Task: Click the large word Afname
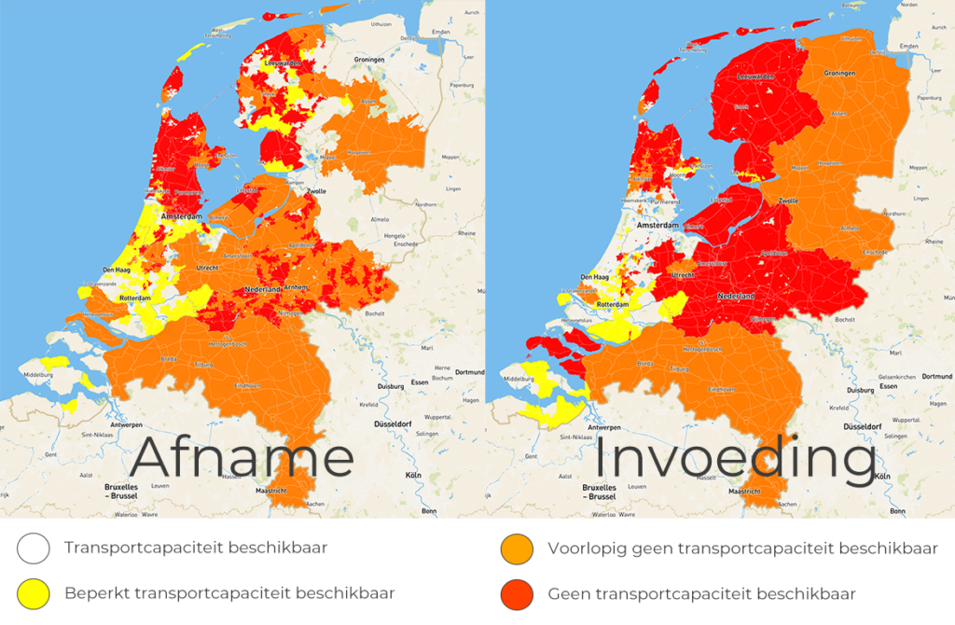[242, 459]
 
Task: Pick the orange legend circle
[517, 548]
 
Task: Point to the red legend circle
[517, 593]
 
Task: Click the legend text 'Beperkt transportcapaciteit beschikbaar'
[229, 593]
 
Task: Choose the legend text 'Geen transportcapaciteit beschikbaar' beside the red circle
[701, 593]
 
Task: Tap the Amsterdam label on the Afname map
[183, 215]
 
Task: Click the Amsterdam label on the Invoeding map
[657, 226]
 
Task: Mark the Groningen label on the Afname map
[368, 59]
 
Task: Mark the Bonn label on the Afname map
[429, 511]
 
